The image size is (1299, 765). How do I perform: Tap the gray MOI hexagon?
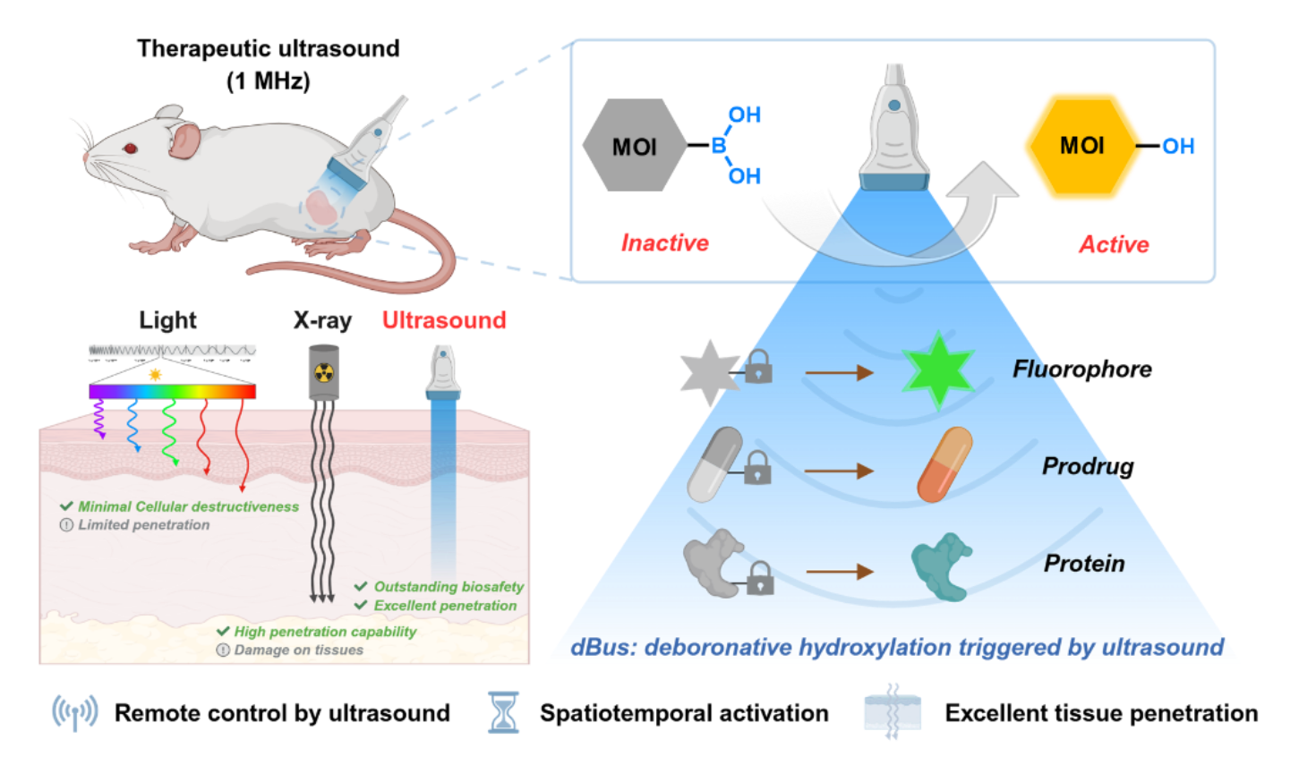coord(634,146)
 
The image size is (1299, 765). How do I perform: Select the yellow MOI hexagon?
coord(1081,146)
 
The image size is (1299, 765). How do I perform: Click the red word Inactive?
coord(665,242)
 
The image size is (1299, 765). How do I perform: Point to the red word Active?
coord(1114,244)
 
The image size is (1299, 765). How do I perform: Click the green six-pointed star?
coord(937,370)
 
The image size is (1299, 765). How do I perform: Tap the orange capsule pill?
coord(944,464)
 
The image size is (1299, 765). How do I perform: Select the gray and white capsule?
coord(714,463)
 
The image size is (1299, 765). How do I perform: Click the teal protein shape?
coord(940,566)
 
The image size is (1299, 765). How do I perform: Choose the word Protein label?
coord(1084,564)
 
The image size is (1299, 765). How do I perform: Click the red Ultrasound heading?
coord(444,319)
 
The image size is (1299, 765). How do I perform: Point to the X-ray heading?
coord(322,319)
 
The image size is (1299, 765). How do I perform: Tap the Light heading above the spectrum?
coord(168,319)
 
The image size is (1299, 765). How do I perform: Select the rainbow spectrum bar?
coord(173,391)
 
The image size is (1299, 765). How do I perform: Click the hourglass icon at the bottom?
coord(502,712)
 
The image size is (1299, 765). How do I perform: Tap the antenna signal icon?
coord(75,712)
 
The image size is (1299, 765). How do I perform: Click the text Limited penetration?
coord(143,525)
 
